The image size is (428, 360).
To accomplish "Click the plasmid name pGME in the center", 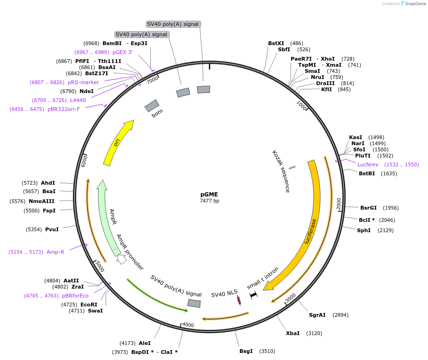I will pos(209,194).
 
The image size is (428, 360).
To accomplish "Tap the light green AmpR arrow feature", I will pos(107,216).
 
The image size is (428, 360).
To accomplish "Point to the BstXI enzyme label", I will pos(276,43).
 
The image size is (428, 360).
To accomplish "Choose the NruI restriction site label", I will pos(317,77).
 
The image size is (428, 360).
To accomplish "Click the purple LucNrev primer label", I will pos(368,164).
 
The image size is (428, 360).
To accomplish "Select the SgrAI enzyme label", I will pos(317,315).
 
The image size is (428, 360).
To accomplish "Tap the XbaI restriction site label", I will pos(293,333).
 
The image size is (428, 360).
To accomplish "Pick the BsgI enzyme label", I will pos(246,351).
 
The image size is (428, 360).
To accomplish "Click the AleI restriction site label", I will pos(145,344).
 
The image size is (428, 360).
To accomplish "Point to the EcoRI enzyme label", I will pos(89,305).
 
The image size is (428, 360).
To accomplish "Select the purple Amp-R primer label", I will pos(55,252).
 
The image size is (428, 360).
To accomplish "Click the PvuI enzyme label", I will pos(52,229).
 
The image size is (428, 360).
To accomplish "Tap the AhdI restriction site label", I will pos(48,183).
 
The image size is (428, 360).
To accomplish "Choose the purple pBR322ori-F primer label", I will pos(63,109).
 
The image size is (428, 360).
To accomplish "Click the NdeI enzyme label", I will pos(87,91).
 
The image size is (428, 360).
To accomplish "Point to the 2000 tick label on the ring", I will pos(339,203).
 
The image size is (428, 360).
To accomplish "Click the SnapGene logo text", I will pos(414,4).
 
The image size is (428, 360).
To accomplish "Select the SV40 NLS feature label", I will pos(224,295).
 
